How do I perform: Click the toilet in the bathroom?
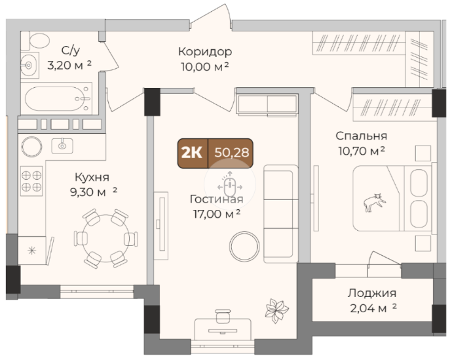(x=35, y=41)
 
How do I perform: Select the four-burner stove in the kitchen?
(x=31, y=181)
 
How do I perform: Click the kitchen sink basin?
(x=62, y=146)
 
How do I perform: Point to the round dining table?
(x=105, y=238)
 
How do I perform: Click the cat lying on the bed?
(x=374, y=203)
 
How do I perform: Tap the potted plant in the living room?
(x=276, y=311)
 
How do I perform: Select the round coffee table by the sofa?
(x=244, y=247)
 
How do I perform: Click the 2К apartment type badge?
(x=192, y=153)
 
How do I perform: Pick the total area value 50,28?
(x=231, y=153)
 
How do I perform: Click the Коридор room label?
(x=205, y=52)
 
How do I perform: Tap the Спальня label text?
(x=361, y=136)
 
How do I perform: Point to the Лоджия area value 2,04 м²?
(x=373, y=308)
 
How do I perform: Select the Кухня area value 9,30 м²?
(x=94, y=192)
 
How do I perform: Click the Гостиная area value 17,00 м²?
(x=217, y=214)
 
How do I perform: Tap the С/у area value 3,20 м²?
(x=69, y=66)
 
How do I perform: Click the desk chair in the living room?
(x=223, y=316)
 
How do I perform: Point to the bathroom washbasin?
(x=29, y=66)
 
